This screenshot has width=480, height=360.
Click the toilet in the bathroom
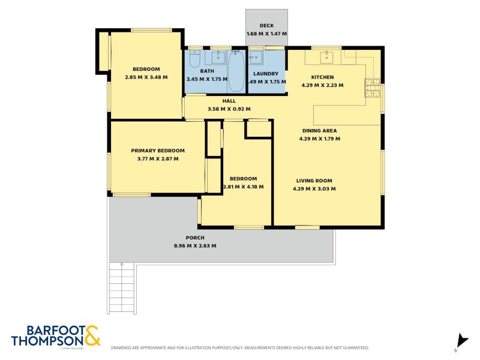pos(194,59)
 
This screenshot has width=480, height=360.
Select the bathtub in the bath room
pos(236,70)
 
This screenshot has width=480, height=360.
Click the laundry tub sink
pos(256,58)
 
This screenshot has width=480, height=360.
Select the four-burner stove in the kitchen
pos(372,88)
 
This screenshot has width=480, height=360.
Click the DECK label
pos(266,26)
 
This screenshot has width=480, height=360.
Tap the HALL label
pos(229,101)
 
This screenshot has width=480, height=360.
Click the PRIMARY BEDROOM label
pos(158,151)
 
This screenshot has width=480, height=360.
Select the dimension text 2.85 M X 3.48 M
pos(146,77)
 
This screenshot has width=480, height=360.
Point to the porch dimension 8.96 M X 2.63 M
pos(194,246)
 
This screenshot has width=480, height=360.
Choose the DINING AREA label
pos(319,131)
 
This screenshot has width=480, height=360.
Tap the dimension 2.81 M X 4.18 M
pos(243,187)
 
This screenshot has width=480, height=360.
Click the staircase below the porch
pos(122,290)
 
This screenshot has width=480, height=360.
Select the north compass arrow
pos(461,340)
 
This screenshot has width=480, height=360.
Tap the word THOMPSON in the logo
pos(47,341)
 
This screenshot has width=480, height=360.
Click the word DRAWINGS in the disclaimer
pos(123,348)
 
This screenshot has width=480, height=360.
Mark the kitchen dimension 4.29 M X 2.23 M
pos(322,85)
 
